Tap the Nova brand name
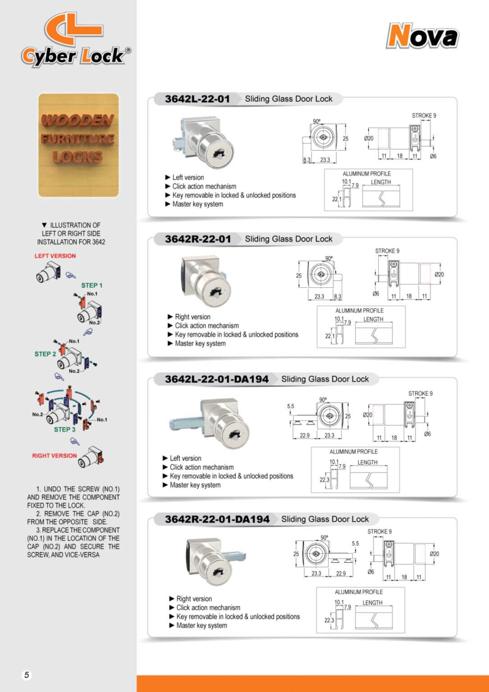click(x=422, y=36)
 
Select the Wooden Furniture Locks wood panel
click(x=78, y=145)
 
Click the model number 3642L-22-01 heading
click(x=197, y=99)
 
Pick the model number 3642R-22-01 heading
click(x=197, y=239)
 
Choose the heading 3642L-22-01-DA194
click(x=216, y=379)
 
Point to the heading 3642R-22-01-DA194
click(x=217, y=519)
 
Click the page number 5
click(x=27, y=675)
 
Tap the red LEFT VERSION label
click(x=55, y=256)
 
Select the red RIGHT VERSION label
click(x=55, y=456)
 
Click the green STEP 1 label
click(x=91, y=286)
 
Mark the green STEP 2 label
click(x=45, y=354)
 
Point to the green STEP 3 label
click(x=64, y=430)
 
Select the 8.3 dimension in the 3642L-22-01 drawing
click(x=307, y=160)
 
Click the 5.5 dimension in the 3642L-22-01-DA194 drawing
click(x=291, y=406)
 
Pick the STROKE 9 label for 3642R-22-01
click(x=387, y=251)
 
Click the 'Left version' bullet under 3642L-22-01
click(x=188, y=178)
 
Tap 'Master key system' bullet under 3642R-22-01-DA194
click(x=201, y=626)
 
